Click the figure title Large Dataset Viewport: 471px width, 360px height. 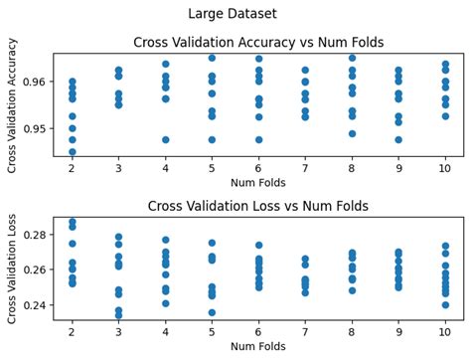(232, 14)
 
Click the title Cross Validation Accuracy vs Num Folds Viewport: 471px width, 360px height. (258, 43)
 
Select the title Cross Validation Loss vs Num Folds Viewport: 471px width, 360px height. (258, 206)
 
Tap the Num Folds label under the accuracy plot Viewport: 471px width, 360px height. (258, 183)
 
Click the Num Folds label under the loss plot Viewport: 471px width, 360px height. (258, 345)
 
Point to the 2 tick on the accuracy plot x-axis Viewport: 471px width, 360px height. (73, 168)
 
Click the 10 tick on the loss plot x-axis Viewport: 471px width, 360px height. (444, 330)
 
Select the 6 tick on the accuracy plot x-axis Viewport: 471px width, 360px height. (258, 168)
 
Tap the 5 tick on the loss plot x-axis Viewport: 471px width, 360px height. (212, 330)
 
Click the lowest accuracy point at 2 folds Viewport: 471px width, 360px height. (73, 152)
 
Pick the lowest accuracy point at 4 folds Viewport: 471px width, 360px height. (165, 139)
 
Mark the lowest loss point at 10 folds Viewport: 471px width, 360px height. (444, 305)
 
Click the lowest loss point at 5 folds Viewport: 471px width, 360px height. (212, 312)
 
